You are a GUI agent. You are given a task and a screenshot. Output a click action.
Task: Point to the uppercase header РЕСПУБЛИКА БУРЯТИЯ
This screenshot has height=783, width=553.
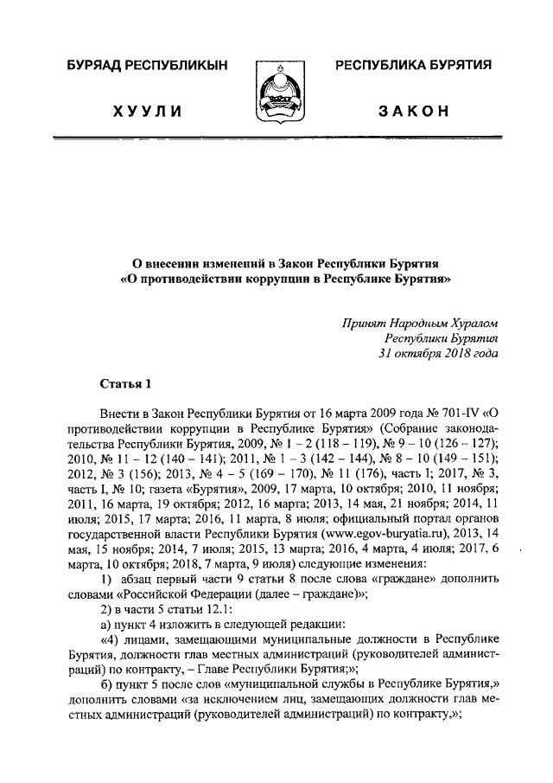413,67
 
